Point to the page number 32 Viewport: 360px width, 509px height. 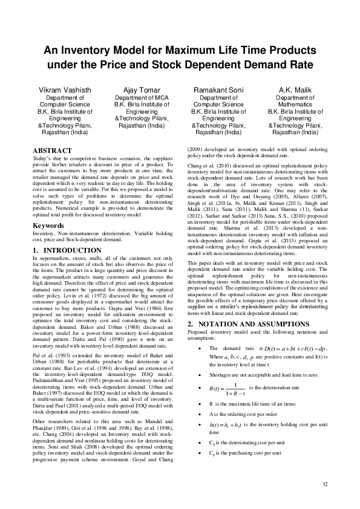pos(325,484)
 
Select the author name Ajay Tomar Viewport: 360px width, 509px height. pos(137,89)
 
